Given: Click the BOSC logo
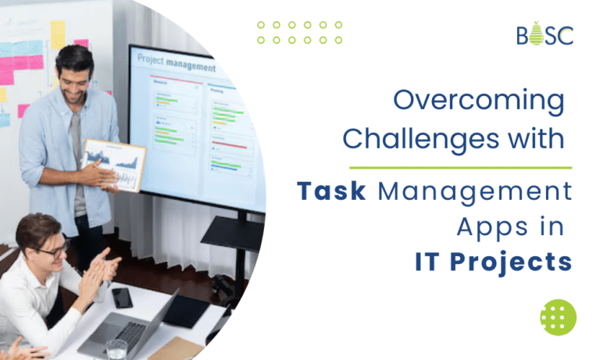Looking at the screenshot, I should click(x=545, y=34).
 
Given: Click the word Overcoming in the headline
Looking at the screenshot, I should click(x=478, y=102).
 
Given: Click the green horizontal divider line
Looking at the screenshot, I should click(x=460, y=167).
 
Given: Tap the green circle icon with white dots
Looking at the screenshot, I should click(x=558, y=317).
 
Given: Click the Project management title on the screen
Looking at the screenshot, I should click(x=175, y=62).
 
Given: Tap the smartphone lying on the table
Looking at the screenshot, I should click(x=122, y=297).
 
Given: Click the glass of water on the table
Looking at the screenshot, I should click(x=116, y=349).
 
